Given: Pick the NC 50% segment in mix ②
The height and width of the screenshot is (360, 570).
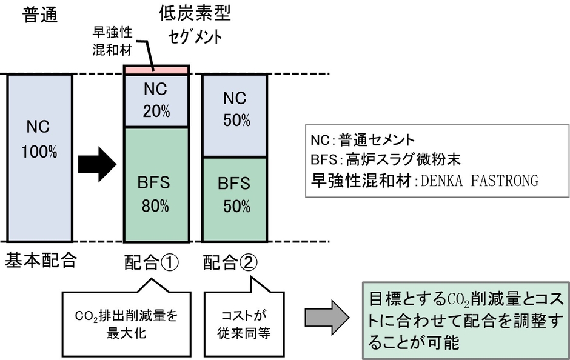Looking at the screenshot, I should [234, 115].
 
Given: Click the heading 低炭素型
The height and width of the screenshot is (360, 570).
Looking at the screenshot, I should [195, 13].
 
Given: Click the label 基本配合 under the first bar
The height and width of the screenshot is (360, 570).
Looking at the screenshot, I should [41, 261].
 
